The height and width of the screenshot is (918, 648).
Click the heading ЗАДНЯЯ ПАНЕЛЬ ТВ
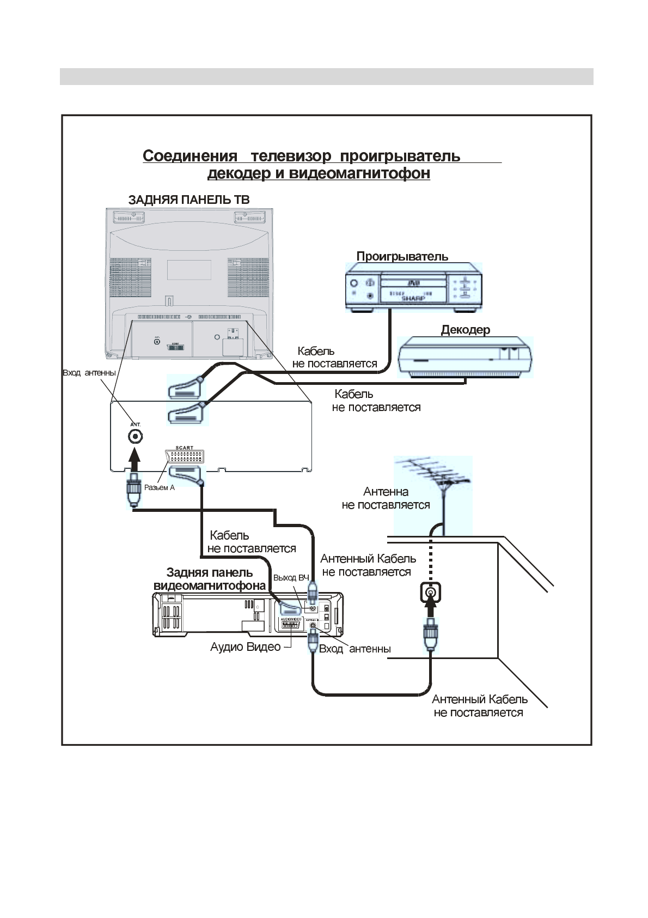(x=189, y=200)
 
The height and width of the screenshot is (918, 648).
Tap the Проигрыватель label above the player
(x=402, y=256)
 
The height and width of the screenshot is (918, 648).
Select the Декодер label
(x=465, y=330)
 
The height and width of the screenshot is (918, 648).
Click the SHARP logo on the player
(x=412, y=299)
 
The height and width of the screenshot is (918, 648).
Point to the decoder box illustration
(x=466, y=357)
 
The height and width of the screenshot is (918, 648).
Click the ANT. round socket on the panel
(x=135, y=436)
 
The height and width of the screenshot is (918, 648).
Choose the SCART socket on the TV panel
(x=185, y=456)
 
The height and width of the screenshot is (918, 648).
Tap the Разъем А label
(x=160, y=487)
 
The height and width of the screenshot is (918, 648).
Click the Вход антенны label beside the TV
(x=89, y=373)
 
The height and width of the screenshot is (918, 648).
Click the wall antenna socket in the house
(x=430, y=592)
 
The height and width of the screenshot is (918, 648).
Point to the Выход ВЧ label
(x=291, y=578)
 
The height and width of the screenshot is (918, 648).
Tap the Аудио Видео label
(x=245, y=647)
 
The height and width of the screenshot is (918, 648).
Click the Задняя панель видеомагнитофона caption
(x=210, y=579)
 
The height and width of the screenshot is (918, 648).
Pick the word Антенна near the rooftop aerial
(x=386, y=492)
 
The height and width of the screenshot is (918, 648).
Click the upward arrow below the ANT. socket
(x=135, y=460)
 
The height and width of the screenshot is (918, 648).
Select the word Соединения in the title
(x=189, y=156)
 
